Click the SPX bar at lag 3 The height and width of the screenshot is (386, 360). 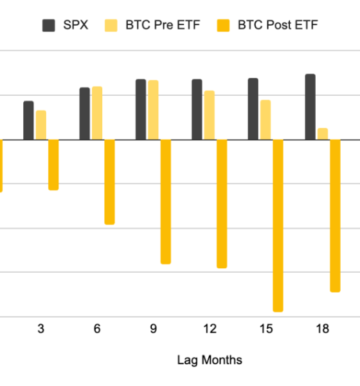(x=28, y=120)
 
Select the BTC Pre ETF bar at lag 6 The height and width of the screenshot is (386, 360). (x=97, y=113)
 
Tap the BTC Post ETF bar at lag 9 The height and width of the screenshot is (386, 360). (x=166, y=201)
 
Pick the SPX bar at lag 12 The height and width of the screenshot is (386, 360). (x=197, y=109)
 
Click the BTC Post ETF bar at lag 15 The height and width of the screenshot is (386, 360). (x=278, y=225)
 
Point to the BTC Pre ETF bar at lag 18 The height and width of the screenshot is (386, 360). (x=323, y=134)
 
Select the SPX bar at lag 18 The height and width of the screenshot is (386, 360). (x=310, y=107)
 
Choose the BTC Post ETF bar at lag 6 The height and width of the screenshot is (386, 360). (x=110, y=181)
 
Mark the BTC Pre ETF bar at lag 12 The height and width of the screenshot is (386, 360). (x=210, y=115)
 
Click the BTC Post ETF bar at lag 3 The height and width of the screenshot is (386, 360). (x=53, y=165)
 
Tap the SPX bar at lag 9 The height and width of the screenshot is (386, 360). (x=141, y=109)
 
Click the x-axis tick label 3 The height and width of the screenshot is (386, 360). (x=40, y=329)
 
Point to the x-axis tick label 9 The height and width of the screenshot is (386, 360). (x=153, y=329)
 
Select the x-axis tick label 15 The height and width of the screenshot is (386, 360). (x=265, y=329)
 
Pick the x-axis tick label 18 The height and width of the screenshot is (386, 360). (x=322, y=329)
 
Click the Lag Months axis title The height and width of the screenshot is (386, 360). (x=210, y=360)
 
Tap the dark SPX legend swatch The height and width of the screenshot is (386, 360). (x=49, y=26)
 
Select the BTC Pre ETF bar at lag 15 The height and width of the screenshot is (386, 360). (x=265, y=120)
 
